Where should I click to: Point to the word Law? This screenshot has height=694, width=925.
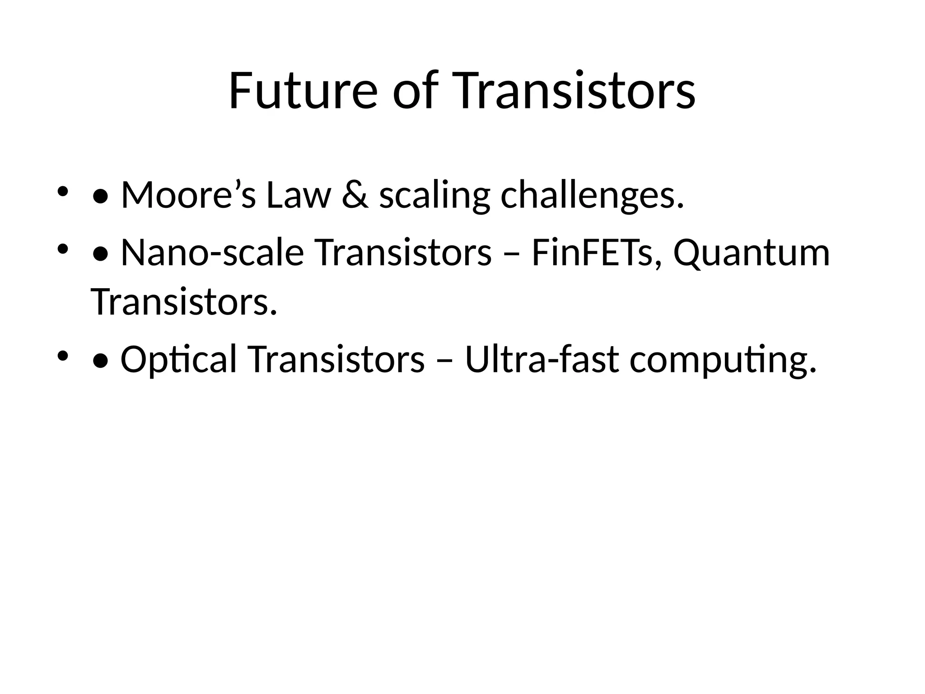299,195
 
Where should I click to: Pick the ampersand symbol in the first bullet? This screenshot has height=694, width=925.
355,195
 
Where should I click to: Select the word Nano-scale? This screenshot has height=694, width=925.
212,253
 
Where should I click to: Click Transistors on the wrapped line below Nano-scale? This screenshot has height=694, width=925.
183,302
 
